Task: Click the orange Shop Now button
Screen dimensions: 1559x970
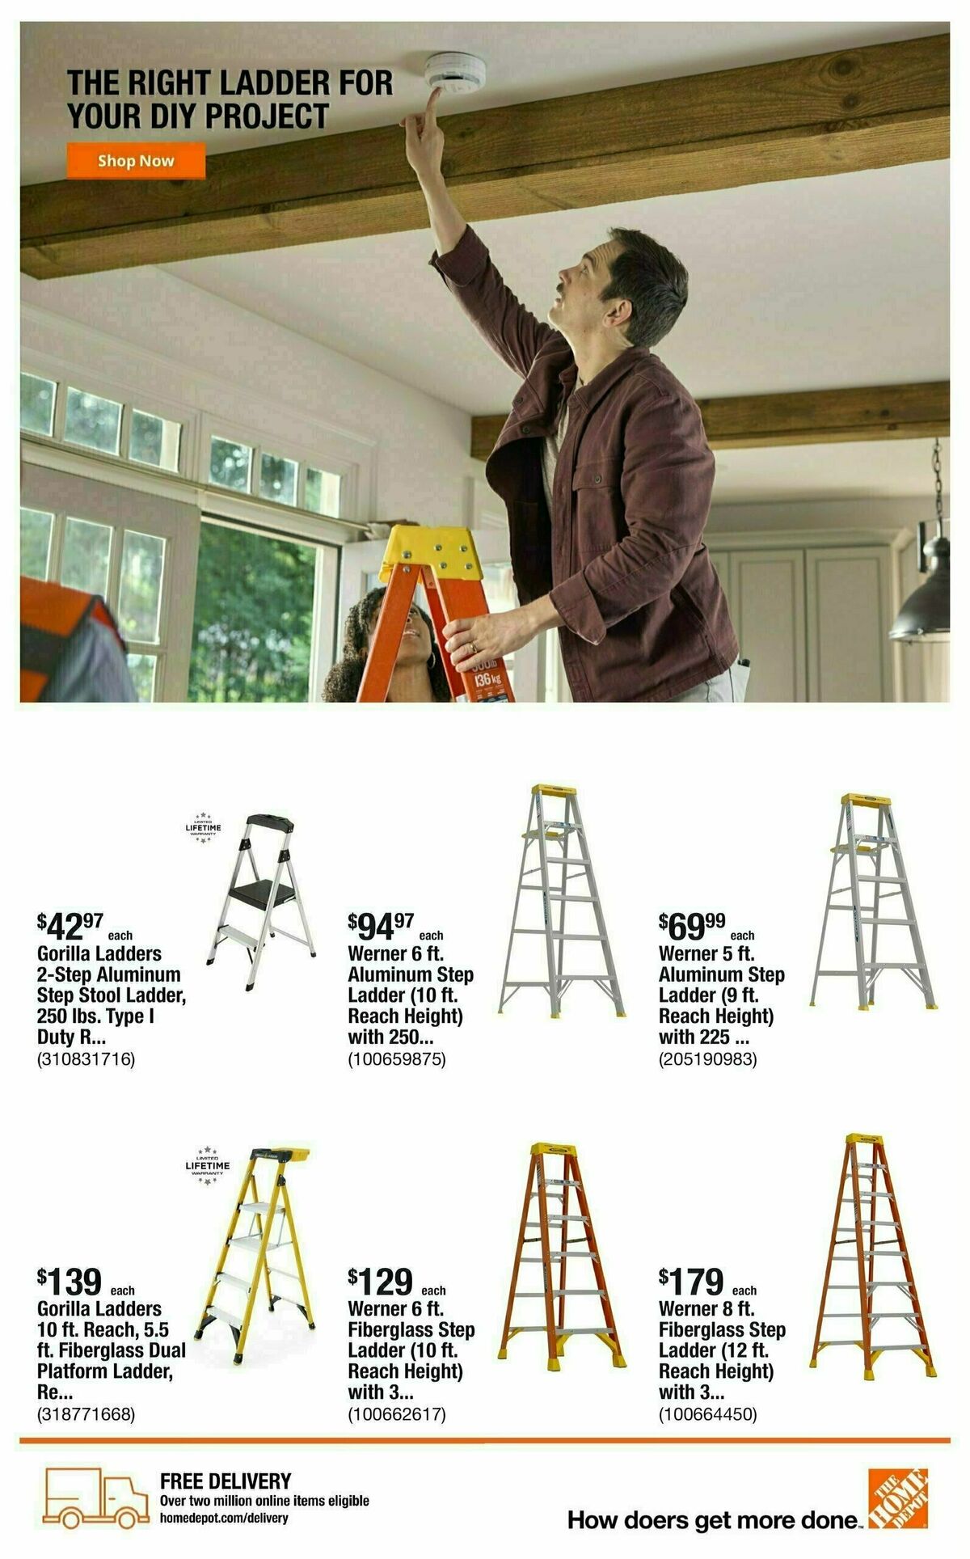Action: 136,160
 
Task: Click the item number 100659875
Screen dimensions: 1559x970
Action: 397,1058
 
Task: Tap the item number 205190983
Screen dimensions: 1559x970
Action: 708,1058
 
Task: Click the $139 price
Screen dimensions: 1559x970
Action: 71,1281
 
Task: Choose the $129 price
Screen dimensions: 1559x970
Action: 382,1281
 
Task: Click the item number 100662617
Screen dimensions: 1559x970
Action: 397,1414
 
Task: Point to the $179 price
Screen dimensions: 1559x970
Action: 693,1281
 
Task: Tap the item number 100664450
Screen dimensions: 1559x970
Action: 708,1414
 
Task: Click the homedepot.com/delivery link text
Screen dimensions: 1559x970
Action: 224,1518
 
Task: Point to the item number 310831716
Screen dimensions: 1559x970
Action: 86,1058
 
